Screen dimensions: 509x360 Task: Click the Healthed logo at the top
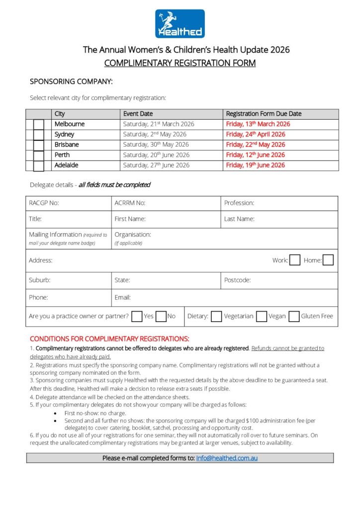pyautogui.click(x=180, y=23)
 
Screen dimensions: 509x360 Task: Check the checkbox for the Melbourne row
pyautogui.click(x=39, y=125)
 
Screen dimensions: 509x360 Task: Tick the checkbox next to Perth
pyautogui.click(x=39, y=156)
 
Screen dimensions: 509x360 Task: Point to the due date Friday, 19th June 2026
pyautogui.click(x=256, y=165)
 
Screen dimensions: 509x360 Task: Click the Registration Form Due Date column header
pyautogui.click(x=264, y=114)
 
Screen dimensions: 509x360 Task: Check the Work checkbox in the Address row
pyautogui.click(x=294, y=260)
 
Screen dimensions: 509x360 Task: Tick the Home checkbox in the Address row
pyautogui.click(x=328, y=260)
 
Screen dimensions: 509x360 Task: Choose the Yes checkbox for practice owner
pyautogui.click(x=137, y=316)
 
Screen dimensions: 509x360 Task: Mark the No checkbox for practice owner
pyautogui.click(x=161, y=316)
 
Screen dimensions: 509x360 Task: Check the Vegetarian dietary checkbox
pyautogui.click(x=216, y=316)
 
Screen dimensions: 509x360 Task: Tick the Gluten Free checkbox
pyautogui.click(x=294, y=316)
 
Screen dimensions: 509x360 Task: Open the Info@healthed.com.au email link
pyautogui.click(x=227, y=458)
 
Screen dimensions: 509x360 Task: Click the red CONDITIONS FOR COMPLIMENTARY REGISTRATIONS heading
pyautogui.click(x=109, y=339)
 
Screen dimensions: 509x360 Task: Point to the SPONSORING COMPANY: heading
pyautogui.click(x=71, y=81)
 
